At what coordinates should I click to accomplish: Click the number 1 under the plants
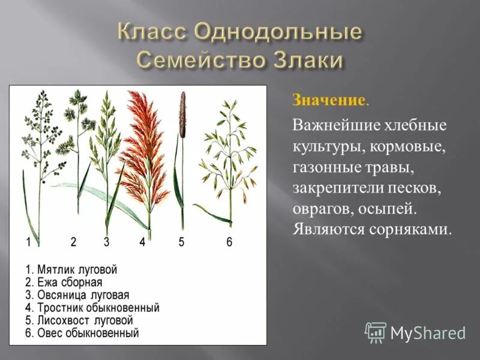point(29,242)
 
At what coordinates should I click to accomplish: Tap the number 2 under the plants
point(73,242)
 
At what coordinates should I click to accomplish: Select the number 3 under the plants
point(106,242)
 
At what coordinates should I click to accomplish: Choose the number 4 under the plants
point(142,242)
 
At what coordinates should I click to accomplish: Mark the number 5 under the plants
point(181,242)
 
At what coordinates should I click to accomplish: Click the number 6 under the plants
point(229,242)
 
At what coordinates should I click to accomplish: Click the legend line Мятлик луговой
point(71,269)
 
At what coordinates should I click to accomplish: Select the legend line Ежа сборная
point(64,282)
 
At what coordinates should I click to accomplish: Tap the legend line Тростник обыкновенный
point(92,308)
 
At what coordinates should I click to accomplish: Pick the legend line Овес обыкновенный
point(82,332)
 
